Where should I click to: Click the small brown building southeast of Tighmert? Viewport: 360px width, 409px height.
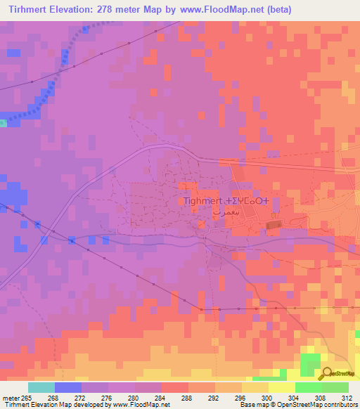pos(274,225)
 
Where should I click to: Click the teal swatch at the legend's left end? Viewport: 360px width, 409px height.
pos(41,387)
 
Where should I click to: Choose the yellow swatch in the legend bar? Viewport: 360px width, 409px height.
pos(282,387)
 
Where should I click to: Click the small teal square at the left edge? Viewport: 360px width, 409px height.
pos(3,123)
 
